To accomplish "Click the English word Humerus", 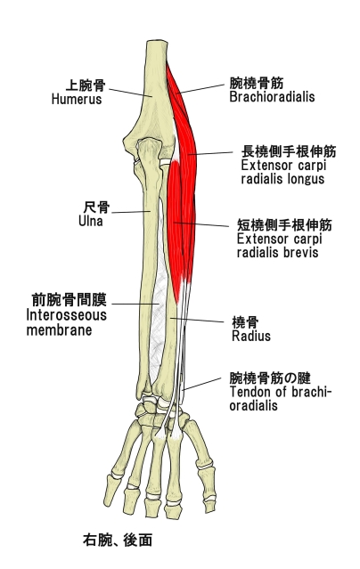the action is [x=77, y=99].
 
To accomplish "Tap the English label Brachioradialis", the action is [x=272, y=97].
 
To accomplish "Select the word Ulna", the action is [x=91, y=221].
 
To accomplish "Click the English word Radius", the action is [x=251, y=336].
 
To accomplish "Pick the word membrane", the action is [x=59, y=330].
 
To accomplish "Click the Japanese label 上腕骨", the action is [x=86, y=85].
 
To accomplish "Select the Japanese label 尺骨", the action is [x=96, y=207].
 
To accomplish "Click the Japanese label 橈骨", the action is [x=245, y=322].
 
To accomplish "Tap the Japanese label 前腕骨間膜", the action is [x=69, y=301].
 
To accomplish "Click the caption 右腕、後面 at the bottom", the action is [x=118, y=540].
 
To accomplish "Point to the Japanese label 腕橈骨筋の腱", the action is [x=270, y=378].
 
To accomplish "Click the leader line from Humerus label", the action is [x=130, y=93].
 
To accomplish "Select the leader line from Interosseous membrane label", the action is [x=135, y=305].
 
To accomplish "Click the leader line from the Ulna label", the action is [x=131, y=212].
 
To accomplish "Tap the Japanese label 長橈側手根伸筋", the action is [x=289, y=151].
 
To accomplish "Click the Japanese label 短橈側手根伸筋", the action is [x=284, y=225].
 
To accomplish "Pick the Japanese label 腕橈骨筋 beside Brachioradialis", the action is [x=256, y=84].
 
